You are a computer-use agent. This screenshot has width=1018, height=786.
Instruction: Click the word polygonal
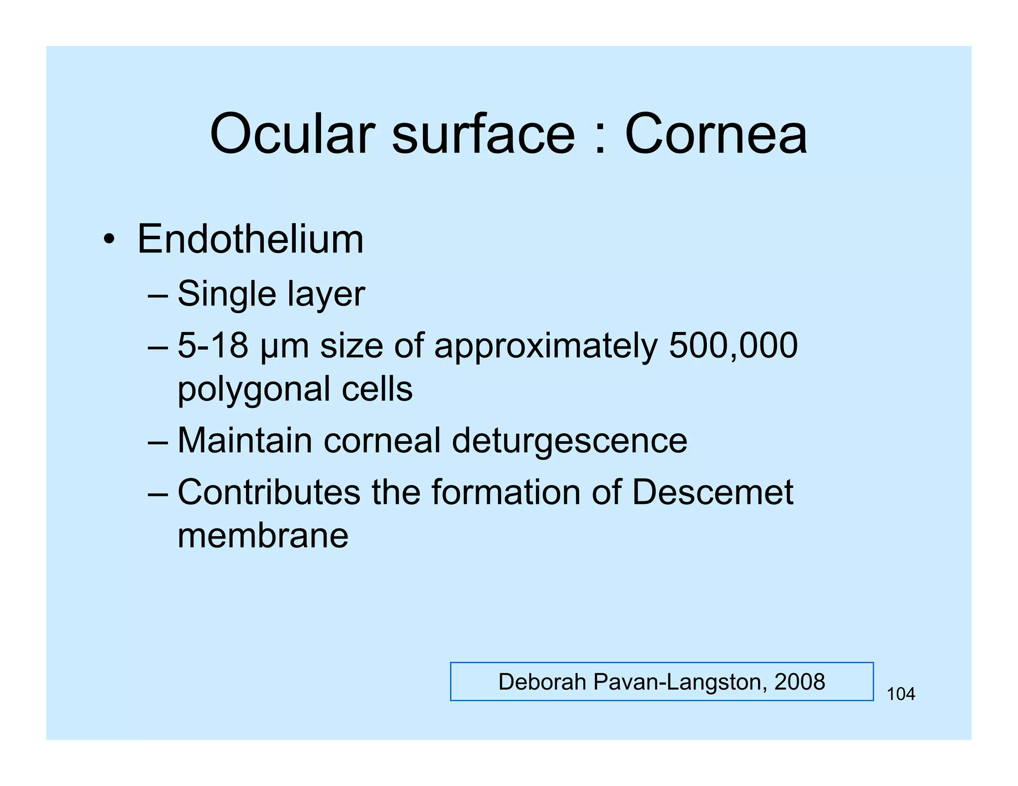[x=254, y=390]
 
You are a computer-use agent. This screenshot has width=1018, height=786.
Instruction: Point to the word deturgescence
[x=570, y=441]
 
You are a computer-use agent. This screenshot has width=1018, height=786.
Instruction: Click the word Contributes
[x=269, y=492]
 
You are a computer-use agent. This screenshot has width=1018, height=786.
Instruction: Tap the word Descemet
[x=712, y=492]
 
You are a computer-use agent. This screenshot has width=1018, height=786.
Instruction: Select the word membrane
[x=263, y=536]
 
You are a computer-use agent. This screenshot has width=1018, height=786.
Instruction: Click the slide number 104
[x=901, y=694]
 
